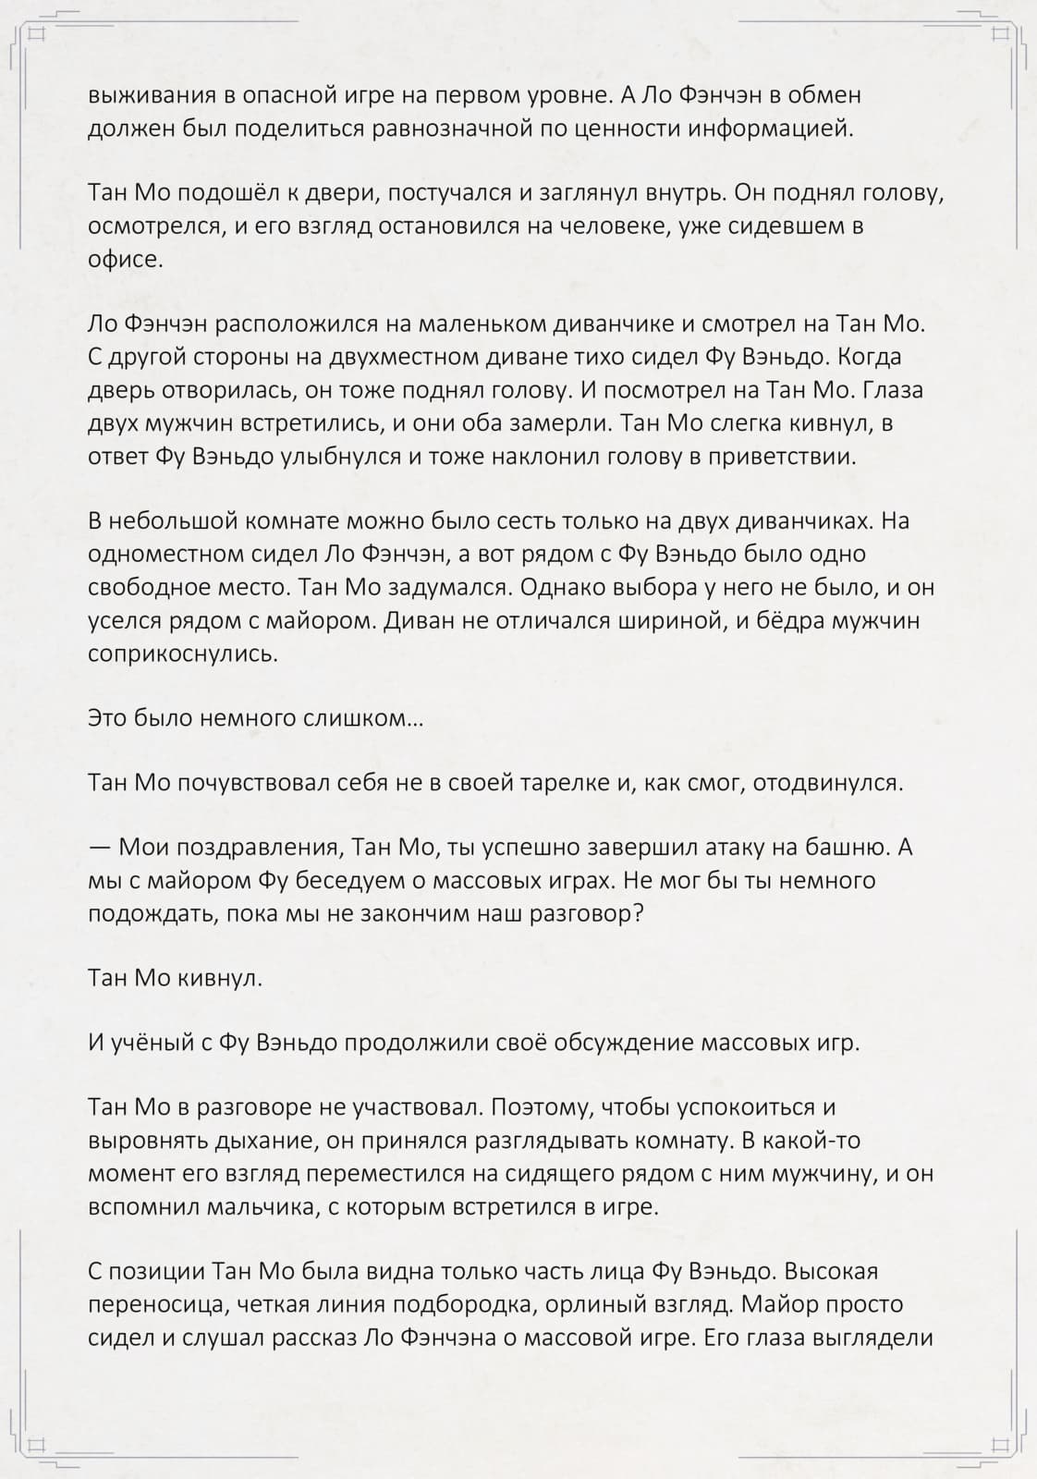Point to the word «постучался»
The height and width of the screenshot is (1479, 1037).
447,193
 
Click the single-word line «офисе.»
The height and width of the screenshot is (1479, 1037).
125,259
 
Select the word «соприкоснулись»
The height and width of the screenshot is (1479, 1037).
182,654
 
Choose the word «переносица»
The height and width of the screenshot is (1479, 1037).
156,1305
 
